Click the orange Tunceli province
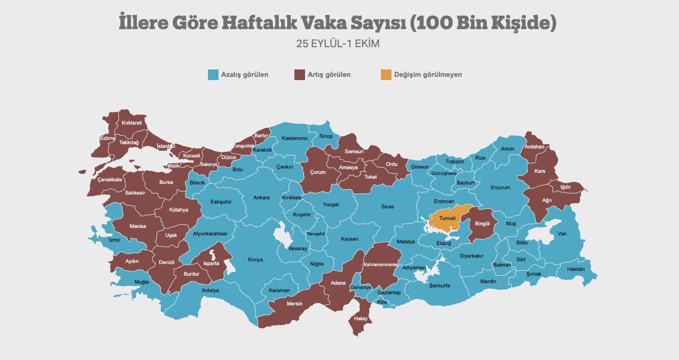tap(447, 218)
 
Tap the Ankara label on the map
tap(261, 198)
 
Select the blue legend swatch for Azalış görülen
tap(213, 75)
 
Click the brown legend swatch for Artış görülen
tap(300, 75)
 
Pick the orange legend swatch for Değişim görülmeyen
tap(386, 75)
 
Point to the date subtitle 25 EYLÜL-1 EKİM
tap(338, 43)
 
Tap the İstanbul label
tap(166, 146)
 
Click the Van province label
tap(562, 234)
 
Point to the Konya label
tap(256, 260)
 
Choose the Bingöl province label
tap(482, 224)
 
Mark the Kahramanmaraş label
tap(380, 265)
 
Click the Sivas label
tap(387, 207)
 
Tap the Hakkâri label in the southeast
tap(576, 269)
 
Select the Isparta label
tap(211, 264)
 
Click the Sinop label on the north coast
tap(326, 136)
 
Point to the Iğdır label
tap(565, 187)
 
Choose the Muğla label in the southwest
tap(142, 282)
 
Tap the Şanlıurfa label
tap(440, 285)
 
